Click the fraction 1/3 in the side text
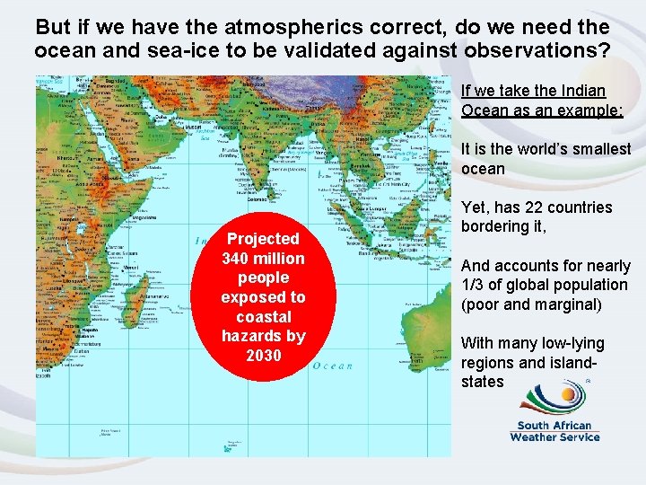click(476, 285)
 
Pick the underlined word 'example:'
click(588, 110)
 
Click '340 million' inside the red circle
click(263, 259)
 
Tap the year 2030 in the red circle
click(263, 356)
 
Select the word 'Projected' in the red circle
click(263, 239)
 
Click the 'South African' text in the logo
click(554, 426)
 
